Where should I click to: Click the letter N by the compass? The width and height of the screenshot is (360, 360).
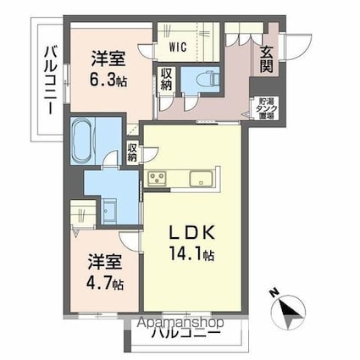(274, 294)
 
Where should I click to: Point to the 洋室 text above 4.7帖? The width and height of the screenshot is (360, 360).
(104, 263)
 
